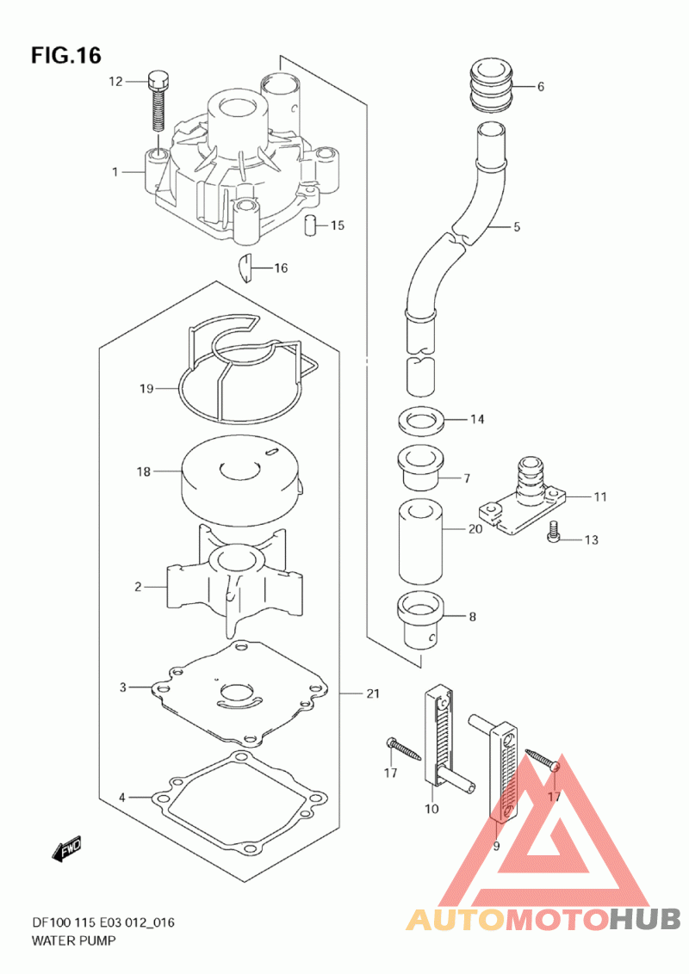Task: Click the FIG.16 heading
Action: tap(66, 56)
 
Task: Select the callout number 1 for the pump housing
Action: tap(115, 171)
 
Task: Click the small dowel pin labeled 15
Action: tap(311, 225)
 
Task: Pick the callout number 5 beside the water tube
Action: tap(517, 227)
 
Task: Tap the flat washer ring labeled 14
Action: tap(420, 420)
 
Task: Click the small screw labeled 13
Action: tap(554, 533)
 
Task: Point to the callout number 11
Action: tap(600, 496)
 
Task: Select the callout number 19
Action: tap(146, 389)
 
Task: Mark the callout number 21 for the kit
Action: tap(372, 694)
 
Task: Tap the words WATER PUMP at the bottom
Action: tap(73, 940)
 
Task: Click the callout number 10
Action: tap(431, 808)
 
